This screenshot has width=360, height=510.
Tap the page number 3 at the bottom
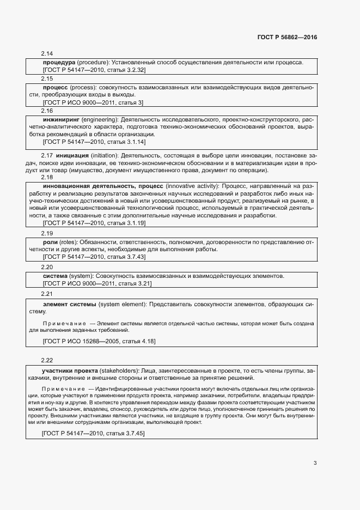[315, 463]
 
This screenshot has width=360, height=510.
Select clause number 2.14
[47, 53]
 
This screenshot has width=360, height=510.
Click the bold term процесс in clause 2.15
[55, 87]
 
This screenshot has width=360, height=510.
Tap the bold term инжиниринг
[61, 119]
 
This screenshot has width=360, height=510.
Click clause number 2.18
[47, 178]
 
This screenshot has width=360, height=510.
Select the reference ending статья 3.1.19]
[94, 223]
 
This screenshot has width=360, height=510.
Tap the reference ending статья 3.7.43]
[94, 257]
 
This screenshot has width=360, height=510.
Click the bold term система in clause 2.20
[55, 276]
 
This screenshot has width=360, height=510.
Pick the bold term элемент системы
[69, 303]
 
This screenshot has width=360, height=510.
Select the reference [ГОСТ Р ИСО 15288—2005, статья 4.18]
[99, 341]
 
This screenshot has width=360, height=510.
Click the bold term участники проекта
[70, 371]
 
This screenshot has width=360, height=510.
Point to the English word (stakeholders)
[119, 371]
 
